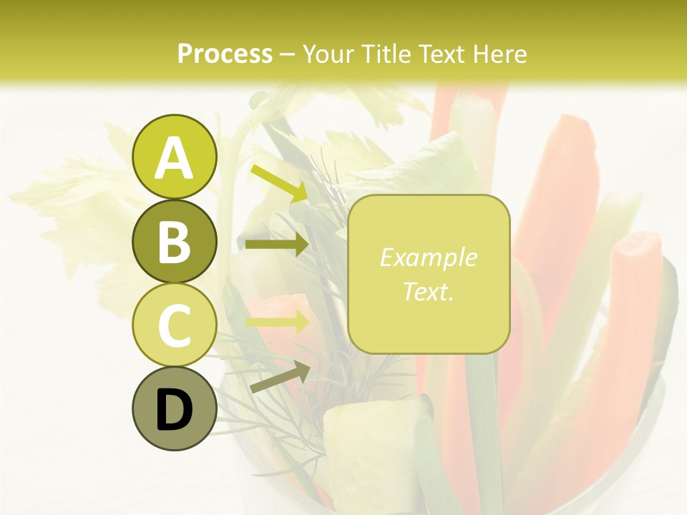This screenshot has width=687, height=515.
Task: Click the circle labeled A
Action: (174, 157)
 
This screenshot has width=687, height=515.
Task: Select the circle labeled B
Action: (174, 241)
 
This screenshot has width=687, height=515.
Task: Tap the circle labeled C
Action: (174, 325)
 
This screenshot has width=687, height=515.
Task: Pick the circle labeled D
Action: (174, 408)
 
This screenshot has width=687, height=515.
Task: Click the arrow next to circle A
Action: (279, 183)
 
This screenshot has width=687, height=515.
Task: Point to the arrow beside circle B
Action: (277, 245)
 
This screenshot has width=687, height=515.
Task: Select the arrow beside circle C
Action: (277, 323)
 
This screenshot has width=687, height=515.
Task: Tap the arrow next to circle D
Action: (279, 377)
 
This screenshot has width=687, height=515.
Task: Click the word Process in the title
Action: (225, 54)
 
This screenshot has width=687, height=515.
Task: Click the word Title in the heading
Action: (385, 54)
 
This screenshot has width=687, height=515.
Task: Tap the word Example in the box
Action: (428, 257)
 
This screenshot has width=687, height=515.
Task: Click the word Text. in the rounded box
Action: (428, 291)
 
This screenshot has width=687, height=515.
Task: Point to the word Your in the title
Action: (327, 54)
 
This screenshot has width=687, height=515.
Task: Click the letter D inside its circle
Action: (174, 410)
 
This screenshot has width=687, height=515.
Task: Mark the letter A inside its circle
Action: (174, 158)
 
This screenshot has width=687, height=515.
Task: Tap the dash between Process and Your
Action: (288, 54)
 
